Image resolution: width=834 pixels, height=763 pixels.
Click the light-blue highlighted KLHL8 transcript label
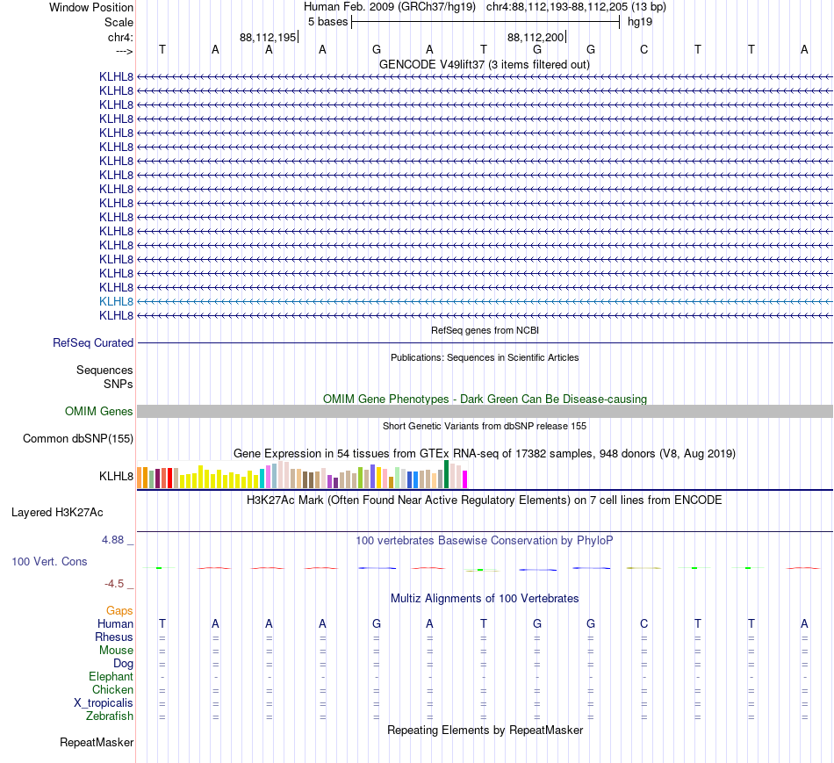pos(116,302)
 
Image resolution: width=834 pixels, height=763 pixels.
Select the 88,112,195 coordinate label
pos(268,37)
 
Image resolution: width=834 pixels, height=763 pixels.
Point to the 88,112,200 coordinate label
pos(536,37)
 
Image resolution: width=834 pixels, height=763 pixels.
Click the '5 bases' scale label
pos(327,22)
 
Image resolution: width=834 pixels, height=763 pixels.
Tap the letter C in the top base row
pos(644,50)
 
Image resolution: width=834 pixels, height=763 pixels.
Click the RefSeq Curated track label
pos(93,342)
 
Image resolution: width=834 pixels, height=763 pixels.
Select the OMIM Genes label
pos(99,411)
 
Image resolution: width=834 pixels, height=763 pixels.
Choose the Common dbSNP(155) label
pos(78,438)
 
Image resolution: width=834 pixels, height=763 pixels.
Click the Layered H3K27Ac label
pos(57,513)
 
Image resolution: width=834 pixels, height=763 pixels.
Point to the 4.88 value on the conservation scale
pos(112,540)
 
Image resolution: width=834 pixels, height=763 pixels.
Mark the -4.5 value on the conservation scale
pos(114,584)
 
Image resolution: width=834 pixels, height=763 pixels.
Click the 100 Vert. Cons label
pos(49,562)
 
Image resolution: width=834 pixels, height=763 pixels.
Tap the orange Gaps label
pos(119,611)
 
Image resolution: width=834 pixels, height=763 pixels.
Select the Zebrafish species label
pos(110,716)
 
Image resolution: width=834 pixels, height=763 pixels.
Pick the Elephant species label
pos(111,677)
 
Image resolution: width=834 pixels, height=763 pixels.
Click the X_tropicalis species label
pos(104,703)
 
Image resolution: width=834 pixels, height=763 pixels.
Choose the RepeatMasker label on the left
pos(97,742)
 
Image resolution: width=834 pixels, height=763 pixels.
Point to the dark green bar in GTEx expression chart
pos(446,474)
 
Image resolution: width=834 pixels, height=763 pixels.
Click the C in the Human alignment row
pos(644,623)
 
